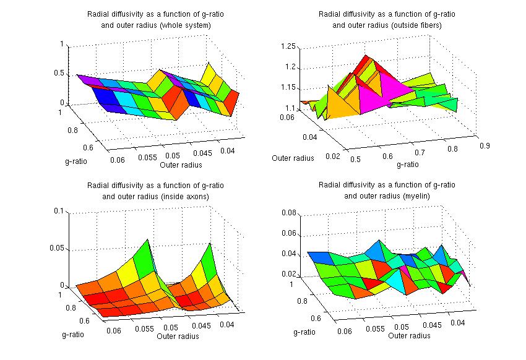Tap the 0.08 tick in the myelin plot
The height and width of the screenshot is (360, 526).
[x=290, y=213]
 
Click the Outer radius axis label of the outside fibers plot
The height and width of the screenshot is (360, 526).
[x=293, y=158]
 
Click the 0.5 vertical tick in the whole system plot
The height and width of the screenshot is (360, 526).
[x=61, y=73]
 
